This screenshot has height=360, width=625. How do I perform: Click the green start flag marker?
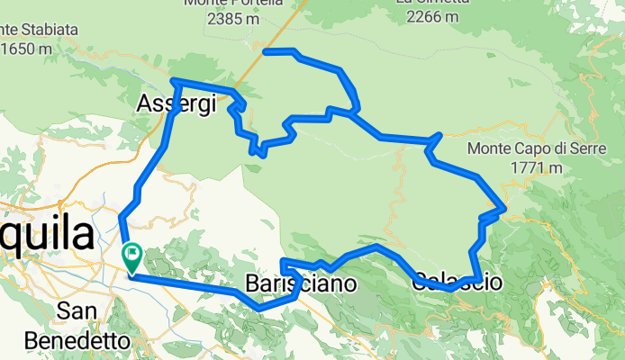(131, 256)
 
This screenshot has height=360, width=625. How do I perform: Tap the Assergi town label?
(177, 104)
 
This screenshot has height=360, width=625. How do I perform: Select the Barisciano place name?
(300, 284)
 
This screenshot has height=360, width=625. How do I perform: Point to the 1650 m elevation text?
(25, 49)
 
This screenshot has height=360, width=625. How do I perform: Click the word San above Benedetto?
(77, 311)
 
